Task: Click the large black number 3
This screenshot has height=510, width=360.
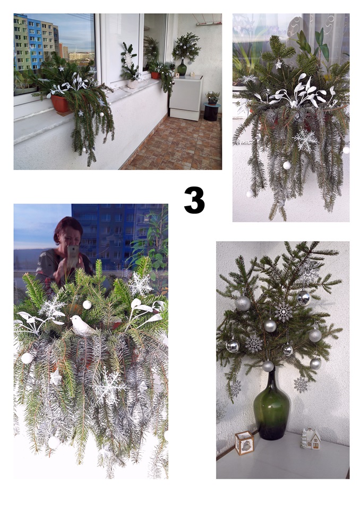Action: [194, 200]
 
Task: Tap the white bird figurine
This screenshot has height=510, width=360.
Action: [82, 326]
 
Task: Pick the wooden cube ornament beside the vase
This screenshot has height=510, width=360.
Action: [244, 443]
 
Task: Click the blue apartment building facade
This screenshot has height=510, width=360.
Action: [35, 42]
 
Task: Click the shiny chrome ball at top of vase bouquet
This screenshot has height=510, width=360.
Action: [303, 298]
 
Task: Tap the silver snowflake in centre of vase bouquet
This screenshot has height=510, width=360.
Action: [283, 312]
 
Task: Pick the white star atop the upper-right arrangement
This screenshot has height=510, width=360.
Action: [278, 64]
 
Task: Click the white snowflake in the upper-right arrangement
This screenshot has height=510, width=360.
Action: [305, 140]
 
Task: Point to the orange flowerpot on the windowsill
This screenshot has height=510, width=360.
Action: [61, 104]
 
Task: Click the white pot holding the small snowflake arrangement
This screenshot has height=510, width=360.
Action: [132, 84]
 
